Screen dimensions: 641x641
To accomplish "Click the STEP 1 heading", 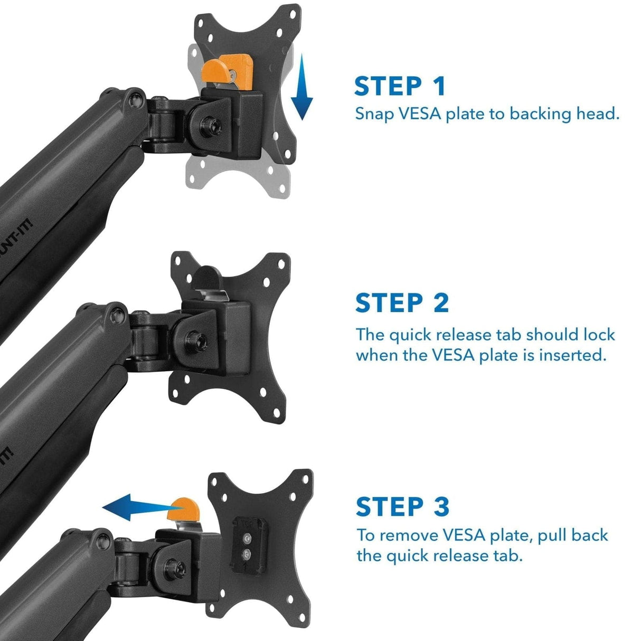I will coord(400,86).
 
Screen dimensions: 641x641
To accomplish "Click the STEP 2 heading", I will coord(401,303).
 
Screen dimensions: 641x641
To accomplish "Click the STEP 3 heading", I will coord(402,506).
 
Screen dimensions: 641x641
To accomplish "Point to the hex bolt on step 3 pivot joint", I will coord(175,564).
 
